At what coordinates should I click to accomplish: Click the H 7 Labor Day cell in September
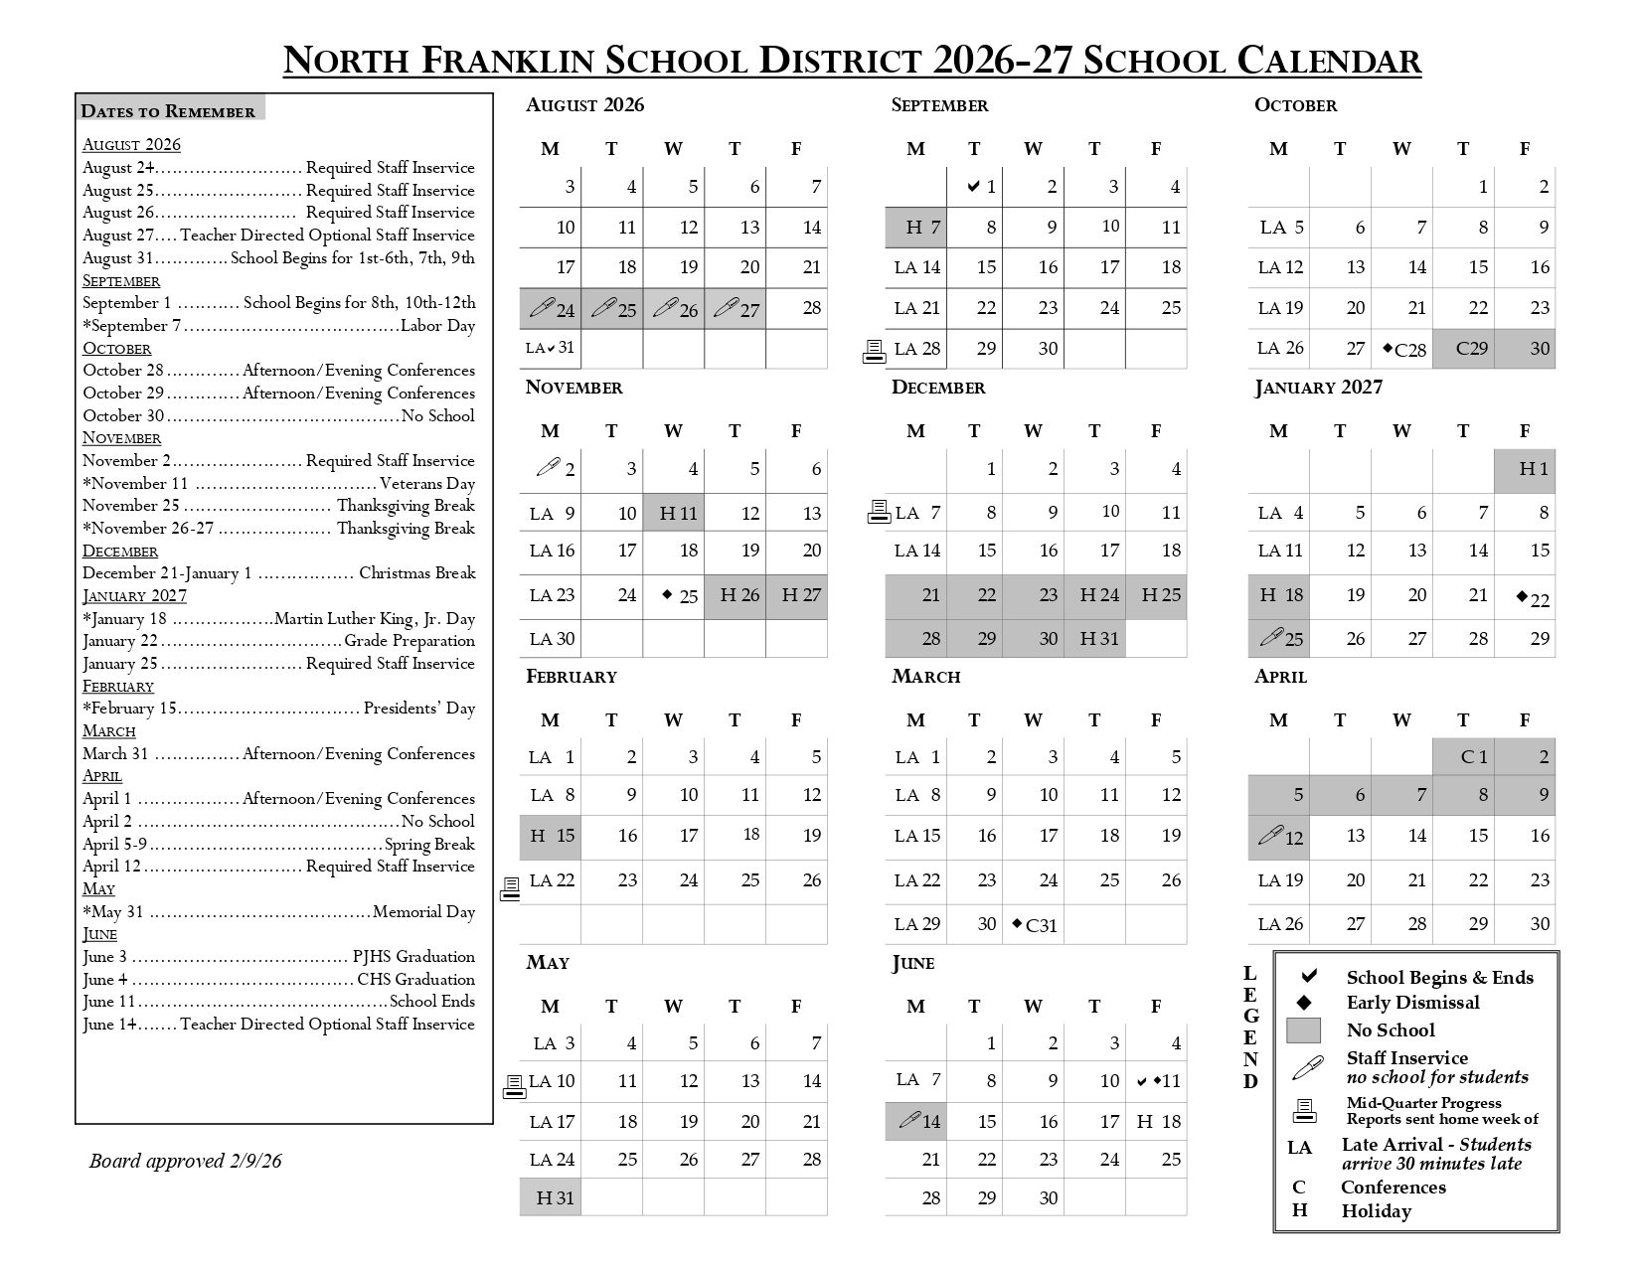915,228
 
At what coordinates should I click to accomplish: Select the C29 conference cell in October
1463,349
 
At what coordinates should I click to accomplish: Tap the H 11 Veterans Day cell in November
674,513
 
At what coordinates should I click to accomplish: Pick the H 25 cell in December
1156,595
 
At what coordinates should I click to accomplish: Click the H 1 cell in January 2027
1525,469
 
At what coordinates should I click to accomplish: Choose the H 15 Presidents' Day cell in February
551,836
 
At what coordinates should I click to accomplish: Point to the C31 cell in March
1034,925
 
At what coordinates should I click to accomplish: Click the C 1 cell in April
1463,757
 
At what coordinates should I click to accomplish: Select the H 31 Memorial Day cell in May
551,1197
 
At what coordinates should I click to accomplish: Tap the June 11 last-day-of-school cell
1157,1081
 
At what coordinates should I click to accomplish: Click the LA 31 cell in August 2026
551,348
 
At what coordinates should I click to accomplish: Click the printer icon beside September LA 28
874,351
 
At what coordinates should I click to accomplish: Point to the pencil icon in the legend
1307,1068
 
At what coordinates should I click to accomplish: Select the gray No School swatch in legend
1303,1030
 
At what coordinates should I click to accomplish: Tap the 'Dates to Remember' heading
168,111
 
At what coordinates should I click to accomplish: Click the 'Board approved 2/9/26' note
185,1161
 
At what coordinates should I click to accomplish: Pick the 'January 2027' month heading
1318,388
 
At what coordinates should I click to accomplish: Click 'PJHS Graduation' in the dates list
413,957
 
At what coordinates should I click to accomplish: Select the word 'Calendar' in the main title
1329,61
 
